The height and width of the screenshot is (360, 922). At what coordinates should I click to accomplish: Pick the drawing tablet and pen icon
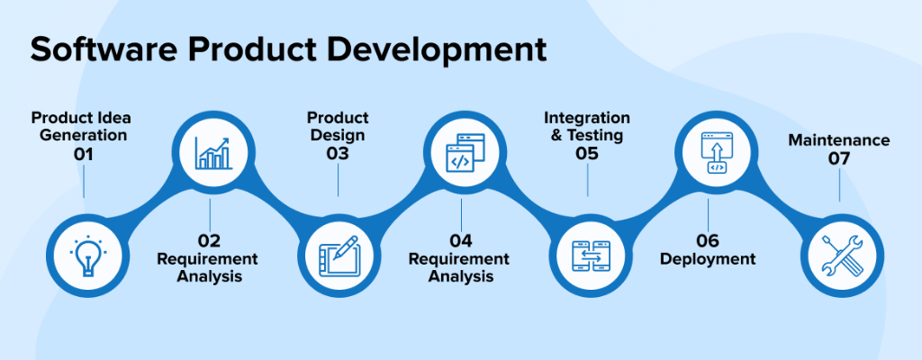tap(339, 256)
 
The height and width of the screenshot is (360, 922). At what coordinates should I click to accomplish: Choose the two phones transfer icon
tap(591, 256)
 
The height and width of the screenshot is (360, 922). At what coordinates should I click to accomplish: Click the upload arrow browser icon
tap(717, 152)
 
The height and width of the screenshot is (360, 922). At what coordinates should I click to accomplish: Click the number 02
tap(209, 240)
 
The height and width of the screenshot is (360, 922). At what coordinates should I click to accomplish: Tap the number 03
tap(338, 154)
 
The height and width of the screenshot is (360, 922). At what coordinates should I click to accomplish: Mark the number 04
tap(461, 240)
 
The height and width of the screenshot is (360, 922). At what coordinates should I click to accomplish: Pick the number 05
tap(587, 154)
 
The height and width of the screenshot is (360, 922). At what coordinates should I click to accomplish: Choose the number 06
tap(708, 240)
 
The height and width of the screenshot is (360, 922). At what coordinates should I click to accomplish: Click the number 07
tap(839, 158)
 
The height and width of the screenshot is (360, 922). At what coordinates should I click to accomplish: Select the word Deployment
tap(708, 259)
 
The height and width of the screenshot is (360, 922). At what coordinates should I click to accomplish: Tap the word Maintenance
tap(839, 140)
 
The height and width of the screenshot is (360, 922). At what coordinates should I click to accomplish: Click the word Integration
tap(587, 119)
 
